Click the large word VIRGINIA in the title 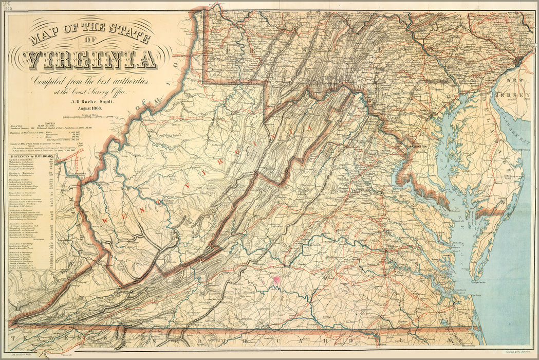tap(92, 59)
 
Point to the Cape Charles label tap(479, 282)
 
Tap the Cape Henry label tap(476, 295)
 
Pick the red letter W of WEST tap(106, 220)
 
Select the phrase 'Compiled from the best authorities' tap(91, 81)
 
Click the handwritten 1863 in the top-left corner tap(7, 9)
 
